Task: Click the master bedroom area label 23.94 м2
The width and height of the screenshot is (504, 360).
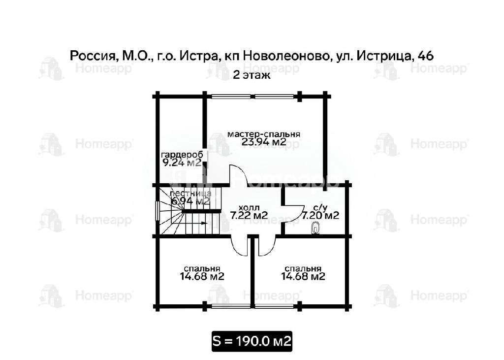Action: coord(264,142)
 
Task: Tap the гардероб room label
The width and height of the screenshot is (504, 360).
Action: coord(182,155)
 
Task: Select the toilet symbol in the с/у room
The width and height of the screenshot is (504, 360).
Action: coord(316,229)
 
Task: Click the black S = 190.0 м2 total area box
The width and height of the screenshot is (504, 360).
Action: coord(252,341)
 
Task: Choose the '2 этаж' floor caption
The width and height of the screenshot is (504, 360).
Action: coord(252,75)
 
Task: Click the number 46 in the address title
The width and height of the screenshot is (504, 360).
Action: coord(426,56)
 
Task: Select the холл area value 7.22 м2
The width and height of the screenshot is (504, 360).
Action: coord(249,215)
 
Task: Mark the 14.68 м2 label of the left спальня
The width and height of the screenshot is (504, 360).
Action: coord(202,276)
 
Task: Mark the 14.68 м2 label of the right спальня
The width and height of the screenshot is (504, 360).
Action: coord(303,276)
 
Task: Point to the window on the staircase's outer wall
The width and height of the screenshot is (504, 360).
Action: coord(157,211)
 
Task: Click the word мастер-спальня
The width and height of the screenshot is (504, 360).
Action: coord(264,134)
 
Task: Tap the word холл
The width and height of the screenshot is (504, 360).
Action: coord(249,208)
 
